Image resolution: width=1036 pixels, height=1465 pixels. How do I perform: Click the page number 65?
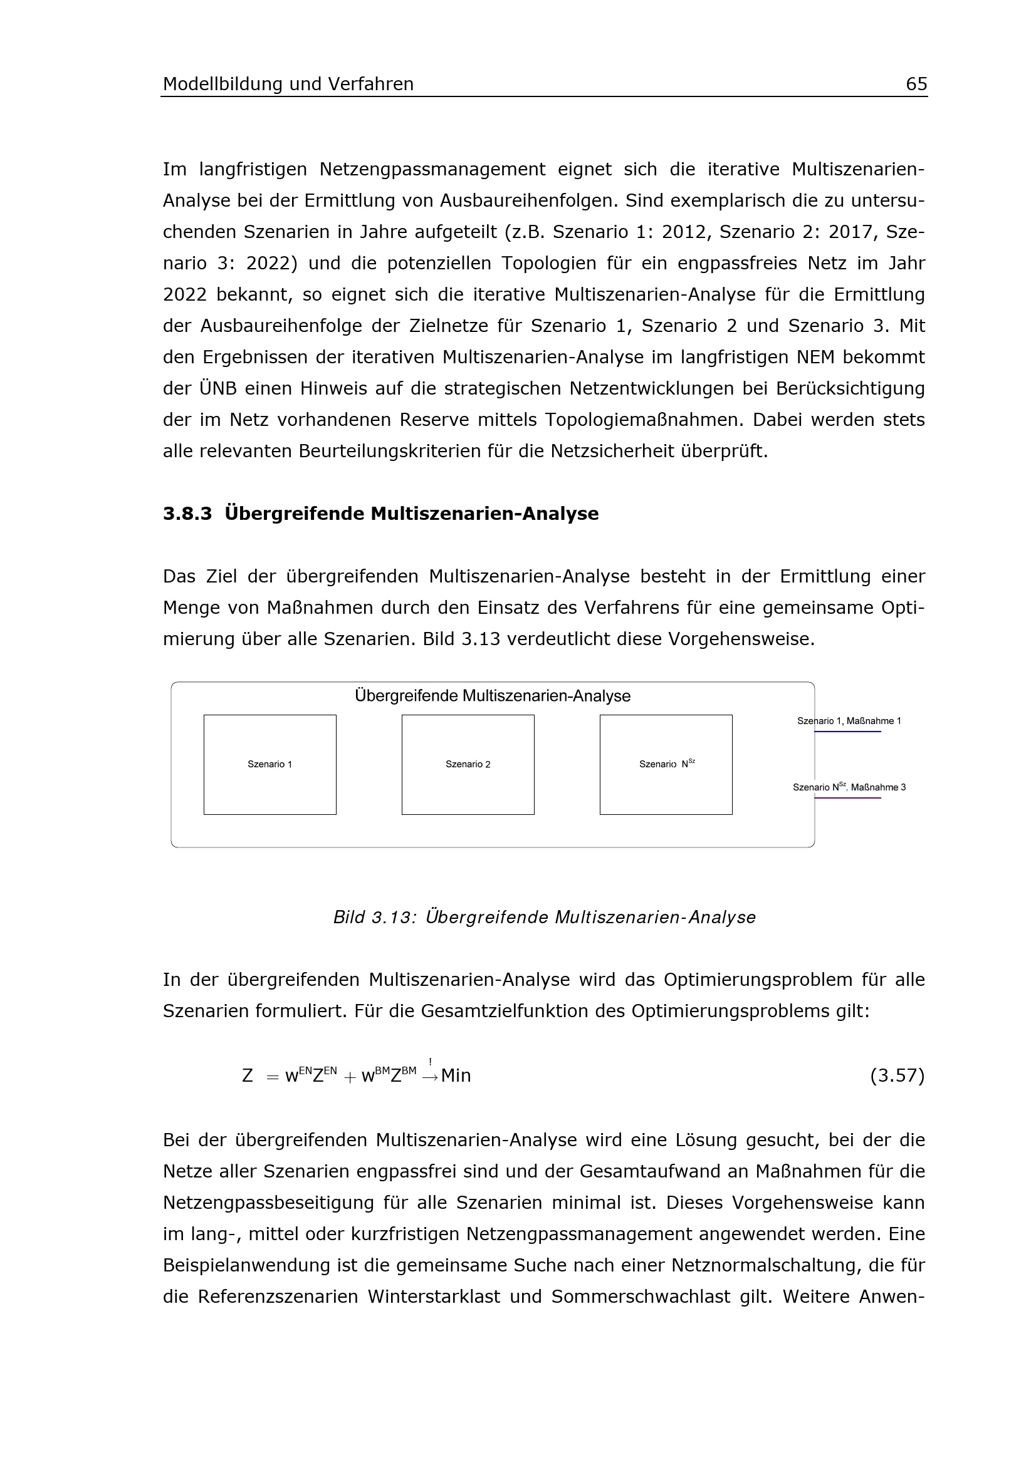click(916, 84)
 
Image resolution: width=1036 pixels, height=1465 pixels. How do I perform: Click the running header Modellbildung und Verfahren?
click(288, 84)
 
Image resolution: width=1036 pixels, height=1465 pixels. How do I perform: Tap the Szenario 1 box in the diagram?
click(270, 764)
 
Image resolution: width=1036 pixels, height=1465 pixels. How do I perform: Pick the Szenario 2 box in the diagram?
click(468, 764)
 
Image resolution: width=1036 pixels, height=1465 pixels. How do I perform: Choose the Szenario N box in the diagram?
click(666, 764)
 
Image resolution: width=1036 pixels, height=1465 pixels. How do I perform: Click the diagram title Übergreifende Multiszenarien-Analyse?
click(492, 696)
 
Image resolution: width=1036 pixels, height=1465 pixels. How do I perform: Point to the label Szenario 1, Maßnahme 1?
click(849, 721)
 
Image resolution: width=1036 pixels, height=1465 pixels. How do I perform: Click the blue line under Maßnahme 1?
click(848, 732)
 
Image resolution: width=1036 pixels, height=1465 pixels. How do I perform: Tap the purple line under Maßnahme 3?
click(848, 798)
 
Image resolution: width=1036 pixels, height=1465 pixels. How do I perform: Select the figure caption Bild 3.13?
click(544, 918)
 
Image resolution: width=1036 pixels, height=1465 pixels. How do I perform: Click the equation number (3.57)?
click(897, 1077)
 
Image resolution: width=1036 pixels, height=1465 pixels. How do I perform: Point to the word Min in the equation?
click(456, 1077)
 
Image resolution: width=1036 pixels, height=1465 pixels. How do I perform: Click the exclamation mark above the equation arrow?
click(430, 1062)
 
